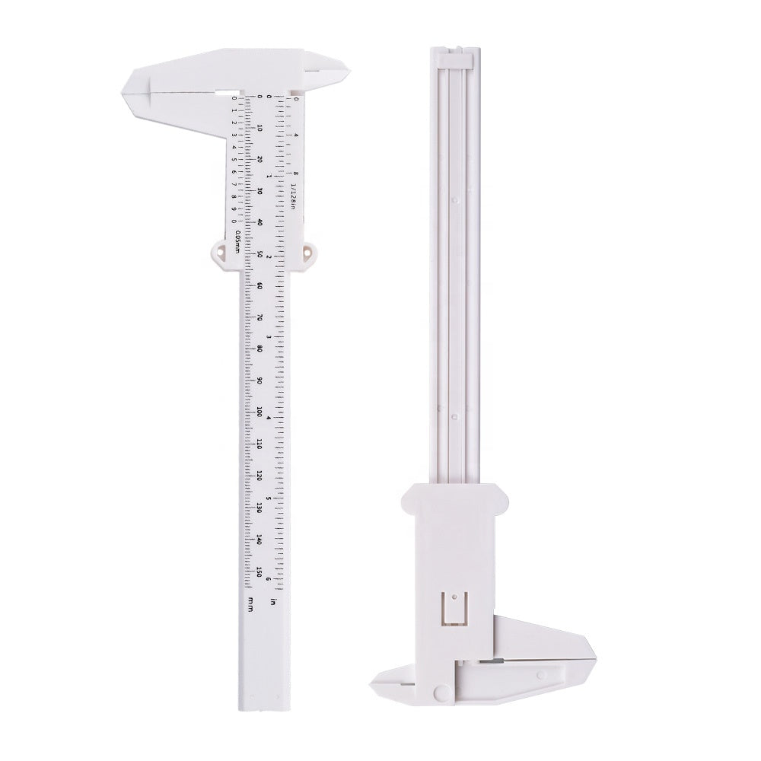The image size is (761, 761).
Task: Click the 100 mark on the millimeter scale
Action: coord(260,412)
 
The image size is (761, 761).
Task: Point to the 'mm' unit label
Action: coord(250,604)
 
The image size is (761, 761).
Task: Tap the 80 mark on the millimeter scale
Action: coord(260,349)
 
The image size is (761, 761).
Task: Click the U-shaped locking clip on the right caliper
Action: coord(454,609)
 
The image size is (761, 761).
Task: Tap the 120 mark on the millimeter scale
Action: coord(260,476)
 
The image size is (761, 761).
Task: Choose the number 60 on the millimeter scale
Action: coord(260,285)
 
